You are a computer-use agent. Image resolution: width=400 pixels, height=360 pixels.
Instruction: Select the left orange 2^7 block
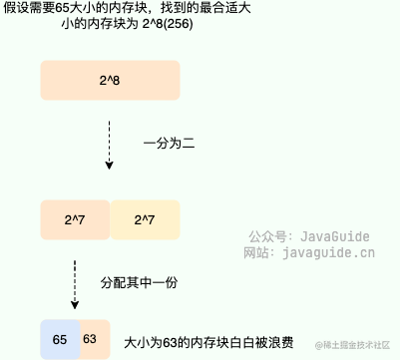(75, 218)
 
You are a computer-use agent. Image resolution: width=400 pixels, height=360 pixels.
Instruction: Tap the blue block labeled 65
(59, 340)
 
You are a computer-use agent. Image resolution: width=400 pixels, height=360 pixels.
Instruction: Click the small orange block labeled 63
(90, 340)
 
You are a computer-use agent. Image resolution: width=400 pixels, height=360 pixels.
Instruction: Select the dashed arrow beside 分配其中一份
(74, 282)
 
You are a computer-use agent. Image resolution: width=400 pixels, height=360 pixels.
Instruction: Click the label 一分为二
(168, 145)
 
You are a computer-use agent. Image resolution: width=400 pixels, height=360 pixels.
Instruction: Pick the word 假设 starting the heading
(16, 9)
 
